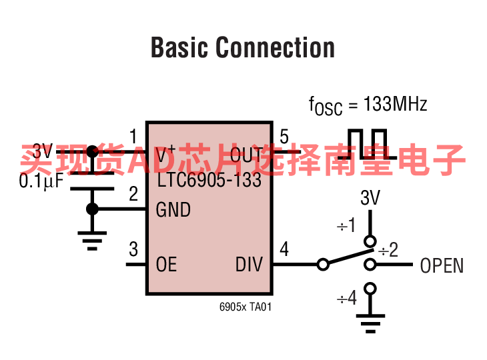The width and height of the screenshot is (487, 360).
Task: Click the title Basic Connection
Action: (x=243, y=48)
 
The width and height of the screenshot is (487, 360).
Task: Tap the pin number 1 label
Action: (x=133, y=137)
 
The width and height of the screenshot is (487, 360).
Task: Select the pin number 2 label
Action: (x=133, y=194)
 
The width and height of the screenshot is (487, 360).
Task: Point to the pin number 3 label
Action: (x=133, y=249)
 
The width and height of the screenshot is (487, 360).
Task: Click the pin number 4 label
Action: (x=284, y=249)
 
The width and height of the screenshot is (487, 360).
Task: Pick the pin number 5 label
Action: (x=284, y=137)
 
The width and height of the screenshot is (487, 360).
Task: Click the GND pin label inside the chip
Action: (x=173, y=210)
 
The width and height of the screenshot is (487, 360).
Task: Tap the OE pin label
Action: (x=167, y=265)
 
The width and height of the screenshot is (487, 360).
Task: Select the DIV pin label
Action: (x=249, y=265)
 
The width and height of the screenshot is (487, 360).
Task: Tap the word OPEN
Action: (x=442, y=266)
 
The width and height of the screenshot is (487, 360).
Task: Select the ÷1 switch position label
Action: (x=347, y=226)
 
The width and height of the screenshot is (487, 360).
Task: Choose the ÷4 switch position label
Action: (x=347, y=298)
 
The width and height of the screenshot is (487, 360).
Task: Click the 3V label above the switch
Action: (x=370, y=198)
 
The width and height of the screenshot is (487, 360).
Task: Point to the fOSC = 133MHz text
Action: (x=368, y=105)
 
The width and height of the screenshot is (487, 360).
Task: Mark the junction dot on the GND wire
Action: (x=92, y=209)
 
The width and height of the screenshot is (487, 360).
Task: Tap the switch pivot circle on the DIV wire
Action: (x=324, y=265)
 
